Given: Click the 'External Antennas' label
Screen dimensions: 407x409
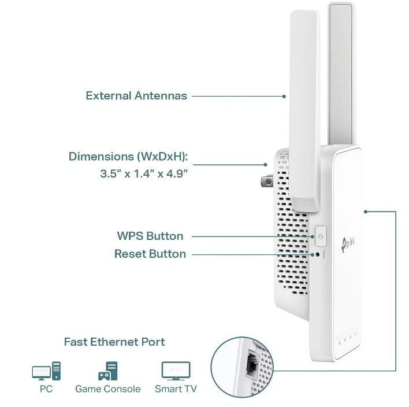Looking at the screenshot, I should coord(136,95).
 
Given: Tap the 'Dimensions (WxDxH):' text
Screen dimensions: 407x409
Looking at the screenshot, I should coord(128,157).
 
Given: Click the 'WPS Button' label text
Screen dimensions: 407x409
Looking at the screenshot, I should coord(150,236).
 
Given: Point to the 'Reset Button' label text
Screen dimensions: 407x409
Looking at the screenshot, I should coord(150,254).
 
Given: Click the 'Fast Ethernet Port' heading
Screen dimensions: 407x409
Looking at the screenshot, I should coord(114,342).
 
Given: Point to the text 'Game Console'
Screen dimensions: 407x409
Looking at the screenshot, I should coord(107,389).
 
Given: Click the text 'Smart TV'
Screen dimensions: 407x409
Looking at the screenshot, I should coord(176,389).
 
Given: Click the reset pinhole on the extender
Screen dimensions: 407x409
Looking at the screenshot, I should coord(317,254).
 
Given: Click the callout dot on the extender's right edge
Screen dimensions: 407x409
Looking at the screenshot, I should coord(366,211).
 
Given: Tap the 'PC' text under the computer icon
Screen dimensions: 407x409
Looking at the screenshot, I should coord(46,389).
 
